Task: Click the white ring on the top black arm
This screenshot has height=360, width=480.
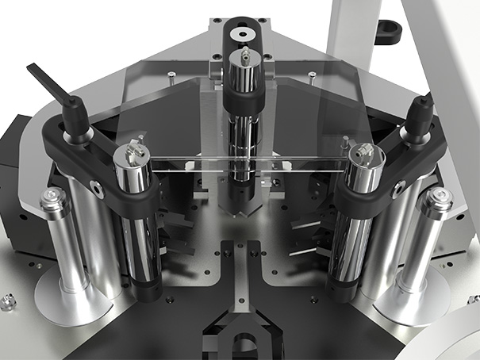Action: (x=243, y=34)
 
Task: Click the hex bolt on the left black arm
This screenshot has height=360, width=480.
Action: (x=96, y=187)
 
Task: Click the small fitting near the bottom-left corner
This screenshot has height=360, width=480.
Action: (x=7, y=300)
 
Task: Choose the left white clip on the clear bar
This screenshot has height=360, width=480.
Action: (x=190, y=163)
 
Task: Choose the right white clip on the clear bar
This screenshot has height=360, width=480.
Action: (x=286, y=166)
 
